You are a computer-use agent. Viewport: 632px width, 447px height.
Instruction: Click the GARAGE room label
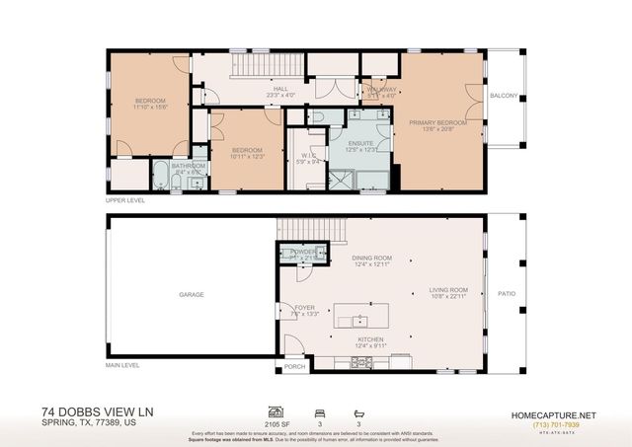[x=191, y=295]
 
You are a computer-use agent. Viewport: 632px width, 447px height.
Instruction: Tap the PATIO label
[x=508, y=293]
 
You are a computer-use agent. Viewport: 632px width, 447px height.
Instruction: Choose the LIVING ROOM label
[x=447, y=290]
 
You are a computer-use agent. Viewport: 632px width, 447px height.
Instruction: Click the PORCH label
[x=294, y=368]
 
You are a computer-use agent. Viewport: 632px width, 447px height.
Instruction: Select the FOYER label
[x=305, y=308]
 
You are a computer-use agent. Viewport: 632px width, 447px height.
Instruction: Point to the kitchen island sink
[x=360, y=321]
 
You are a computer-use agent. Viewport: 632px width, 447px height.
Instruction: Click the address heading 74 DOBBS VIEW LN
[x=98, y=411]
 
